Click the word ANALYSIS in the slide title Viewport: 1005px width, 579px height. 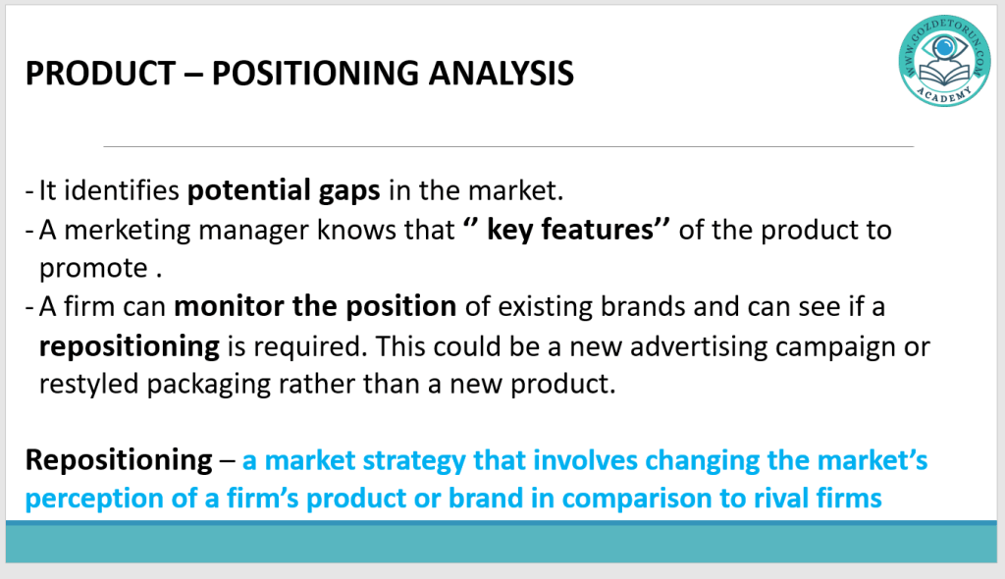(x=501, y=73)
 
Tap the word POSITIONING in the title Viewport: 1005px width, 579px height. (x=315, y=73)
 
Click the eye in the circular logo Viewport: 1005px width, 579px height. (x=944, y=47)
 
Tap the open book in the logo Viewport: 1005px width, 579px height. (x=944, y=75)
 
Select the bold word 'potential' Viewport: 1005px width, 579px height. (x=248, y=191)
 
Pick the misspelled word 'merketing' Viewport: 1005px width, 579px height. (x=128, y=231)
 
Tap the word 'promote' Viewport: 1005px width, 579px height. (x=93, y=269)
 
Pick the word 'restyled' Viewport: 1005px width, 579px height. (x=89, y=385)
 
